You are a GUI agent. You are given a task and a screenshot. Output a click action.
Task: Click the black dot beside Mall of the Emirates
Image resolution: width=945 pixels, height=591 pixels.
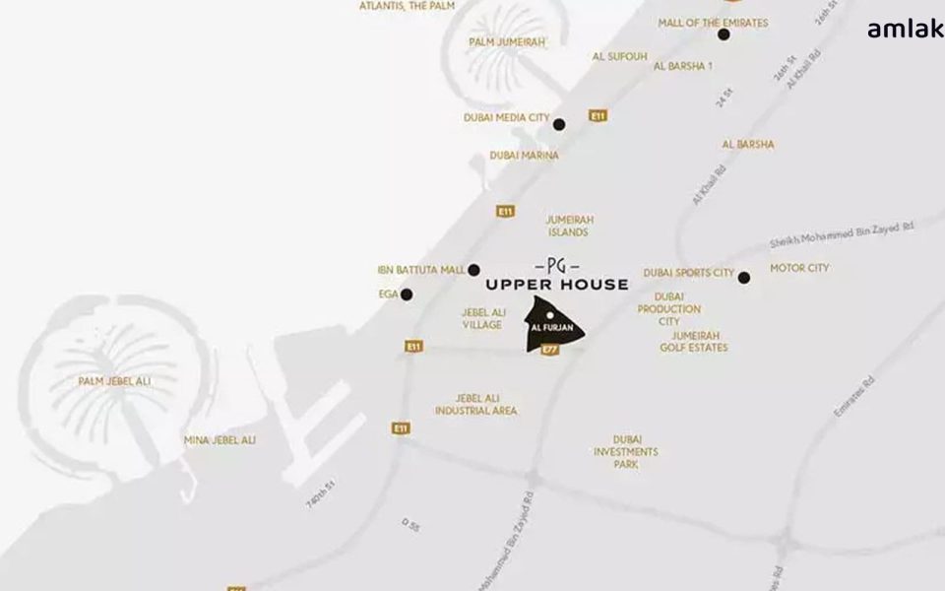tap(724, 34)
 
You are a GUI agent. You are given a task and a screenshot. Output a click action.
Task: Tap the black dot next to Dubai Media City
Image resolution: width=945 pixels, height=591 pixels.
tap(559, 124)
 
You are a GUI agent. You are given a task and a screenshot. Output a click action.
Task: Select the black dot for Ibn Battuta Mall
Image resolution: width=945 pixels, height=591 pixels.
tap(473, 270)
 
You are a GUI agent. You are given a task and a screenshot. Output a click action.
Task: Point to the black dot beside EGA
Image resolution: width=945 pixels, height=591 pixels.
tap(407, 295)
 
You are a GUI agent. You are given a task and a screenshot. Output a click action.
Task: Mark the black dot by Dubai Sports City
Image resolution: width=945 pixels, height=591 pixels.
tap(744, 278)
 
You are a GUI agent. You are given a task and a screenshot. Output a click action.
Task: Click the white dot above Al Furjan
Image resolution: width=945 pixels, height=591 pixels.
tap(550, 315)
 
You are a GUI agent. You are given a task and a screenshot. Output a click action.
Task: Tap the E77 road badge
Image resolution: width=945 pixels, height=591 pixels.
tap(550, 349)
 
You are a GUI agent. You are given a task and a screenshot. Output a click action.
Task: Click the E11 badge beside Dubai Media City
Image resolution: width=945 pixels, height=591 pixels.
tap(598, 116)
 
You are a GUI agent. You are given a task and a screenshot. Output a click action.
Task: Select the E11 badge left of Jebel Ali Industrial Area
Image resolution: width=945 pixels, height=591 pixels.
tap(401, 428)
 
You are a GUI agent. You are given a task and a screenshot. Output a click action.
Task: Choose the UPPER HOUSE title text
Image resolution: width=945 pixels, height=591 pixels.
tap(557, 285)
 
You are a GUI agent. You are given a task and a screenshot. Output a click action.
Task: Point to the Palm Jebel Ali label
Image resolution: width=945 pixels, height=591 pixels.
tap(115, 381)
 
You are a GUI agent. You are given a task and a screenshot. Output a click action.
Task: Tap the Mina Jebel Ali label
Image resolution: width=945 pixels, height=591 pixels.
tap(220, 440)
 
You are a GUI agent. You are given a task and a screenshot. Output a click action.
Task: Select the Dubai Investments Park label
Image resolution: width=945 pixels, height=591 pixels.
tap(625, 451)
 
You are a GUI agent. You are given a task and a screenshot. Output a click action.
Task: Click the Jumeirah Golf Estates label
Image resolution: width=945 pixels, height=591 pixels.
tap(694, 341)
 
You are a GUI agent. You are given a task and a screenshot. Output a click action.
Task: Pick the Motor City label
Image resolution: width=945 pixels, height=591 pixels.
tap(799, 268)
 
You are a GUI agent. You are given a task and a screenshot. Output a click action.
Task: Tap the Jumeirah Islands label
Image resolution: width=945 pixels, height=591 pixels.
tap(570, 227)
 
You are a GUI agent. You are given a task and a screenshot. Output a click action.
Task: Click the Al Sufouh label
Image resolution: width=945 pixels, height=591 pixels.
tap(619, 57)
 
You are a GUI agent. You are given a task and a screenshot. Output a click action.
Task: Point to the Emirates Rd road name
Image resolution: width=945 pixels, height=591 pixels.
tap(853, 396)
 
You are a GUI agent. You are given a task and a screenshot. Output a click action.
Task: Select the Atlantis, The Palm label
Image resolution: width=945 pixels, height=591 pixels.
tap(407, 6)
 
